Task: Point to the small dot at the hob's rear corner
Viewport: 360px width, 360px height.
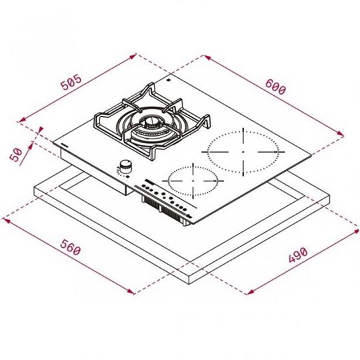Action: (x=169, y=81)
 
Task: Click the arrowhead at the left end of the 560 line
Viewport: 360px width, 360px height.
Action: (x=5, y=218)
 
